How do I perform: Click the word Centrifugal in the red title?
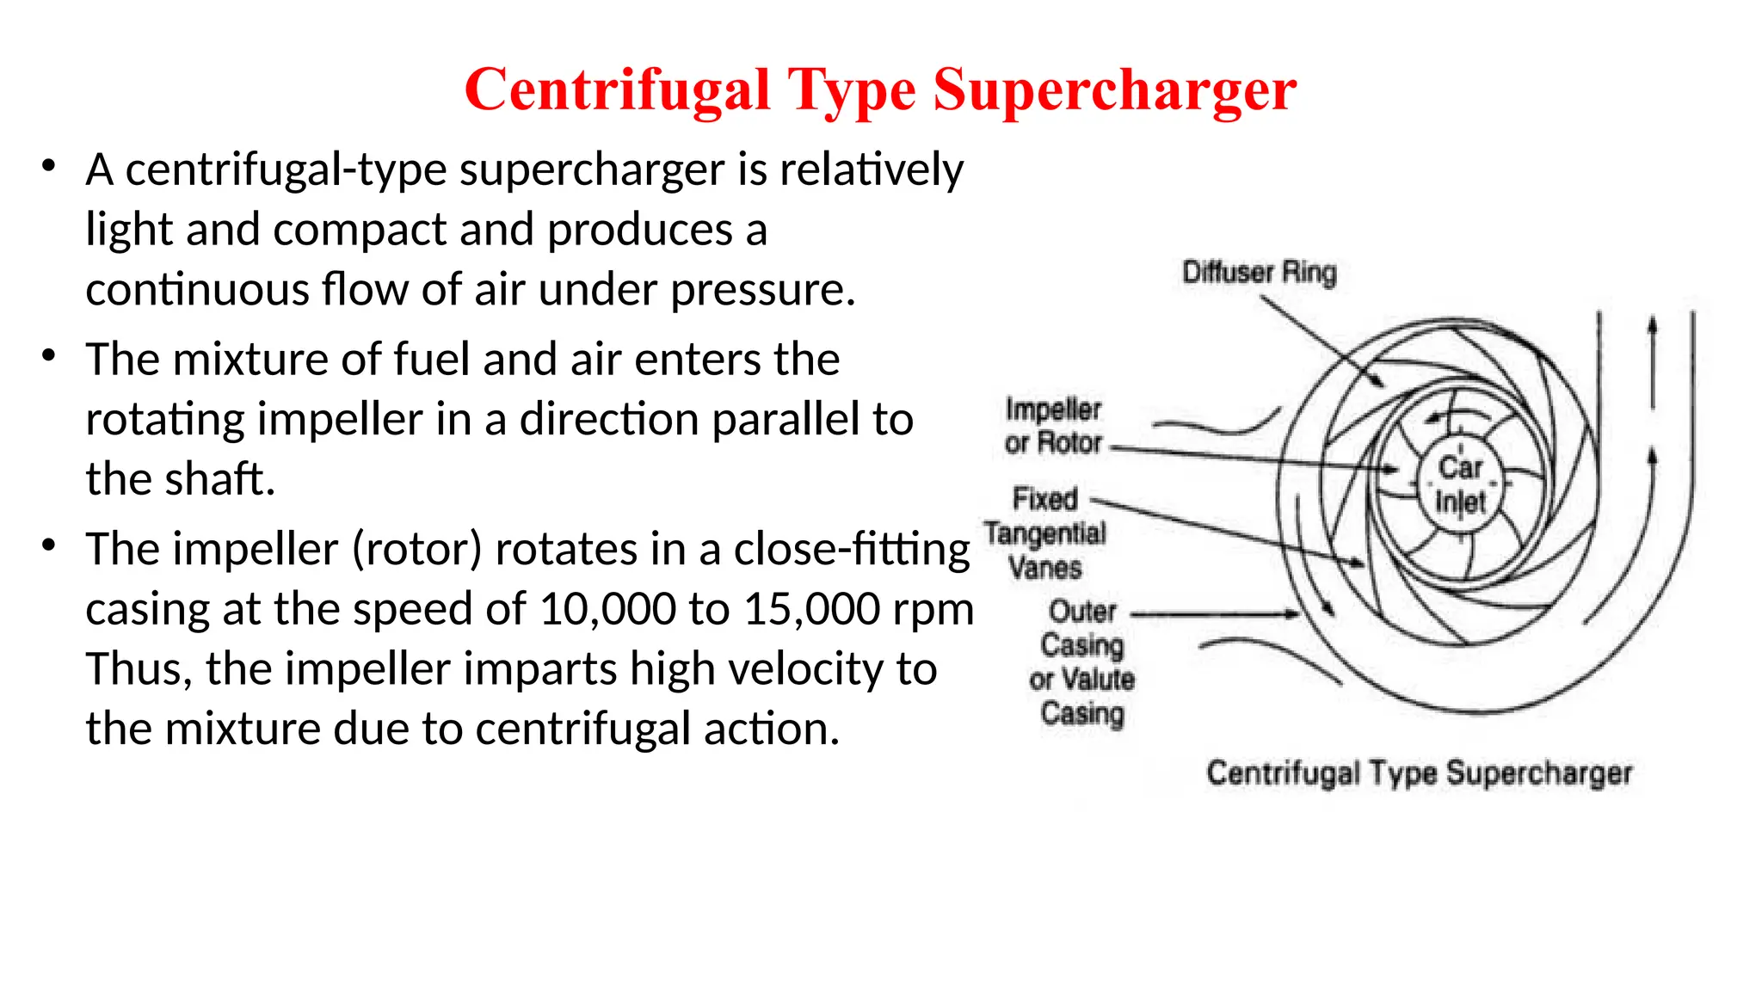(616, 89)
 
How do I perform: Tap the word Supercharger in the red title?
(1114, 89)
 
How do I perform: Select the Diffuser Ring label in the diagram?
(1259, 273)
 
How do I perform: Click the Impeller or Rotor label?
(1053, 426)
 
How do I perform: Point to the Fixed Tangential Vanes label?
(1045, 533)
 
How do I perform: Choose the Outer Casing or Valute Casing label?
(1082, 662)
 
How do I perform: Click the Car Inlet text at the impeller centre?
(1460, 484)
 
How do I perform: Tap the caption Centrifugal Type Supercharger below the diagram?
(1419, 772)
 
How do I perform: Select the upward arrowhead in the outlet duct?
(1652, 327)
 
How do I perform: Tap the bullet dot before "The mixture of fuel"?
(49, 355)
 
